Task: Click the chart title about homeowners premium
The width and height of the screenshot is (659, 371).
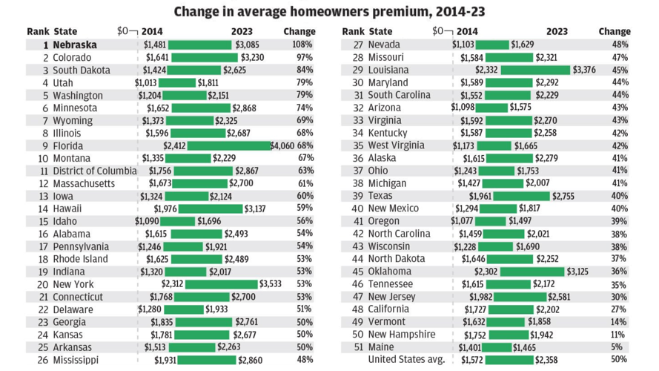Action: point(330,12)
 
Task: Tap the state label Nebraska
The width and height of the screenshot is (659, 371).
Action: point(75,45)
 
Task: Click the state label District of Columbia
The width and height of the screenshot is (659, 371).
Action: point(95,171)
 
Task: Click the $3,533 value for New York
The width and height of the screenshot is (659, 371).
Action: point(269,284)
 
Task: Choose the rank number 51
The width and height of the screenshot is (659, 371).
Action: point(354,347)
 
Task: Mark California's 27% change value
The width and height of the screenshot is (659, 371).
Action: point(619,309)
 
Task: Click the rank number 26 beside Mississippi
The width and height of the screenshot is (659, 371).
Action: point(39,360)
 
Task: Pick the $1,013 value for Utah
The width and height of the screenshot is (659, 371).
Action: point(145,82)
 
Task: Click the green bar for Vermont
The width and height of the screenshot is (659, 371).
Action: point(508,322)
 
